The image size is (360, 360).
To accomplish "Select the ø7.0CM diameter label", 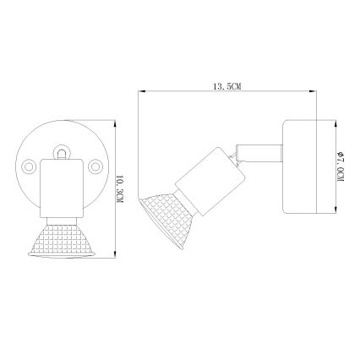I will pos(340,167).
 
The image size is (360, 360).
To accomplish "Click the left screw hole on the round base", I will pos(31,164).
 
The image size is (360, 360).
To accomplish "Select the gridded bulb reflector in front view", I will pos(61,242).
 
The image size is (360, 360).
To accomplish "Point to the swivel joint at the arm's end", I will pos(240,154).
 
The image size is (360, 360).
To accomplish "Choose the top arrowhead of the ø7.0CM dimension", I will pos(330,123).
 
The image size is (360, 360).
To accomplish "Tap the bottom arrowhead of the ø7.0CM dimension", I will pos(330,211).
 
